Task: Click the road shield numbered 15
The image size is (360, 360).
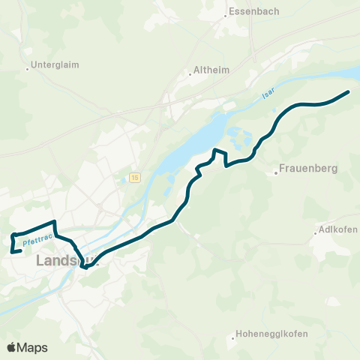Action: (134, 177)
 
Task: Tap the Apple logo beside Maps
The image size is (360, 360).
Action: (12, 347)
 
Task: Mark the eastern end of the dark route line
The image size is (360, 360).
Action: (349, 91)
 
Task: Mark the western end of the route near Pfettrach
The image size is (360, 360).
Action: (14, 251)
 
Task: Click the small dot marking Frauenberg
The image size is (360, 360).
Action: (276, 173)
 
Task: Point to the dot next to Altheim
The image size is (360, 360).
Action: (190, 74)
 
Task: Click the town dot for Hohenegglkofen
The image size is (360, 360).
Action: (234, 338)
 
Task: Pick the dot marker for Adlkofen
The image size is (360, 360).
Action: (316, 233)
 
